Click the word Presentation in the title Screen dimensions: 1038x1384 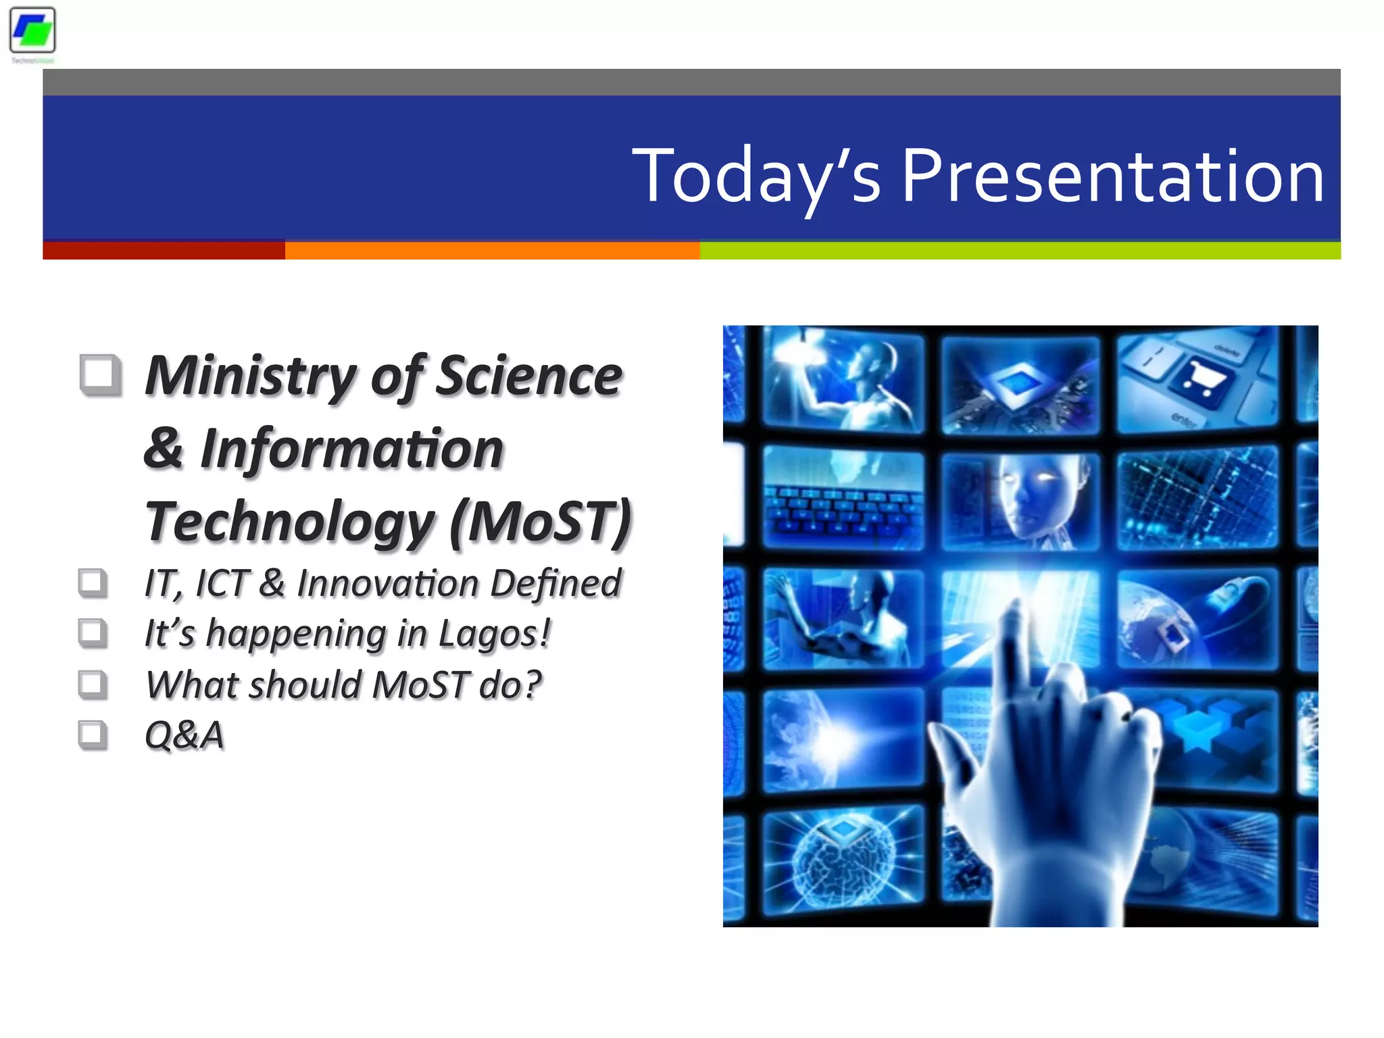tap(1112, 176)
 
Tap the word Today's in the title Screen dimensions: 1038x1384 tap(756, 176)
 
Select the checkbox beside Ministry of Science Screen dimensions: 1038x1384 tap(101, 374)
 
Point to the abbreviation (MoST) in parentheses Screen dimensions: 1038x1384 tap(541, 521)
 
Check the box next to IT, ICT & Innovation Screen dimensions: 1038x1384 tap(93, 583)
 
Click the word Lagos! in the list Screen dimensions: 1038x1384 tap(495, 634)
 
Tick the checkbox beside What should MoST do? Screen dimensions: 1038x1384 tap(93, 684)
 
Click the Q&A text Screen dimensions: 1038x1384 tap(184, 735)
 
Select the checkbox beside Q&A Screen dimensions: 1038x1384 tap(93, 735)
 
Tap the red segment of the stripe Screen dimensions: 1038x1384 tap(164, 251)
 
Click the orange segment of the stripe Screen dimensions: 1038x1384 tap(492, 251)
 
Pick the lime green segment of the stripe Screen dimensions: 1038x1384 tap(1020, 251)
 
